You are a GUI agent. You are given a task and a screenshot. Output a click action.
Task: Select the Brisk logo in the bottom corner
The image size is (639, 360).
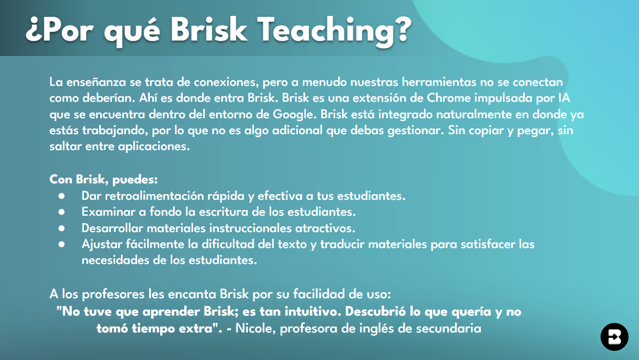[614, 337]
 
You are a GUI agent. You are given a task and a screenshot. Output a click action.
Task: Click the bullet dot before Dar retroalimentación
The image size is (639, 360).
[61, 196]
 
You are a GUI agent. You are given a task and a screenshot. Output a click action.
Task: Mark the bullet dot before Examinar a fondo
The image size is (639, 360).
[61, 212]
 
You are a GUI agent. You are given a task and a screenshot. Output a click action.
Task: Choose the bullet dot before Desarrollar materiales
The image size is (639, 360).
[61, 228]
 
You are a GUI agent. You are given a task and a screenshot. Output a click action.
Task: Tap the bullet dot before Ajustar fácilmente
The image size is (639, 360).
[61, 244]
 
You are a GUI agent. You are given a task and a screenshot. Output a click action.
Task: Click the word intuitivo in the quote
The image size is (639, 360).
[309, 312]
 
